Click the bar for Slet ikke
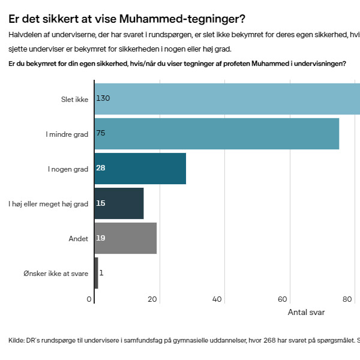click(228, 98)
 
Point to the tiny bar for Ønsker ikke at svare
click(96, 273)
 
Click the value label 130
click(103, 98)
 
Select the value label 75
click(101, 133)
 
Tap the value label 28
click(101, 168)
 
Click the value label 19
click(101, 238)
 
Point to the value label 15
click(101, 203)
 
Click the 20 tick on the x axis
click(153, 299)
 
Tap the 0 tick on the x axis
click(89, 299)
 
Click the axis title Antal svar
click(306, 313)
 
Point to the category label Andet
click(79, 239)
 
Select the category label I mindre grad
click(67, 134)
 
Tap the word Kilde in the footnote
click(16, 341)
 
